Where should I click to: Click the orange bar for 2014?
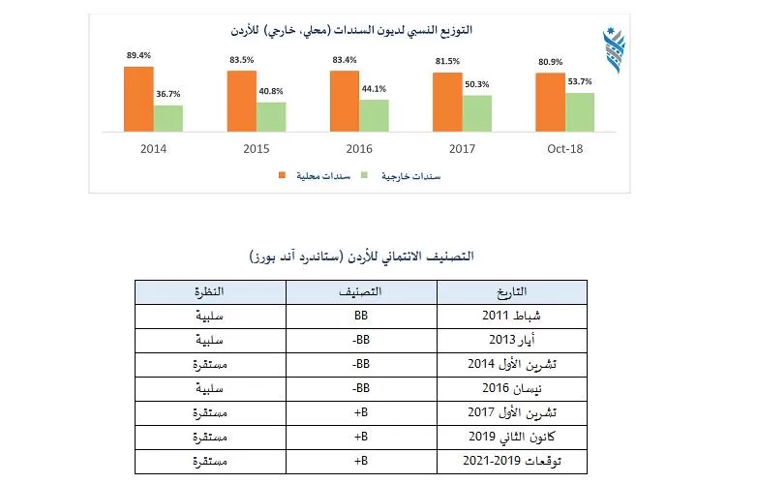click(138, 99)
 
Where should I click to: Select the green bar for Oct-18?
click(579, 112)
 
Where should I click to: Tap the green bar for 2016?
click(374, 115)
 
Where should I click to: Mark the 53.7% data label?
click(580, 82)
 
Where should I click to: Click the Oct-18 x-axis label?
click(564, 149)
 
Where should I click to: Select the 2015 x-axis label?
click(257, 149)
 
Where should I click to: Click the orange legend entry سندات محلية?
click(311, 176)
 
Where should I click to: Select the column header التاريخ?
click(511, 291)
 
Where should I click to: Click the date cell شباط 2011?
click(511, 317)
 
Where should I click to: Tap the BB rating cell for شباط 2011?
click(359, 317)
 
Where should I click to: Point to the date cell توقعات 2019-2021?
click(511, 462)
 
